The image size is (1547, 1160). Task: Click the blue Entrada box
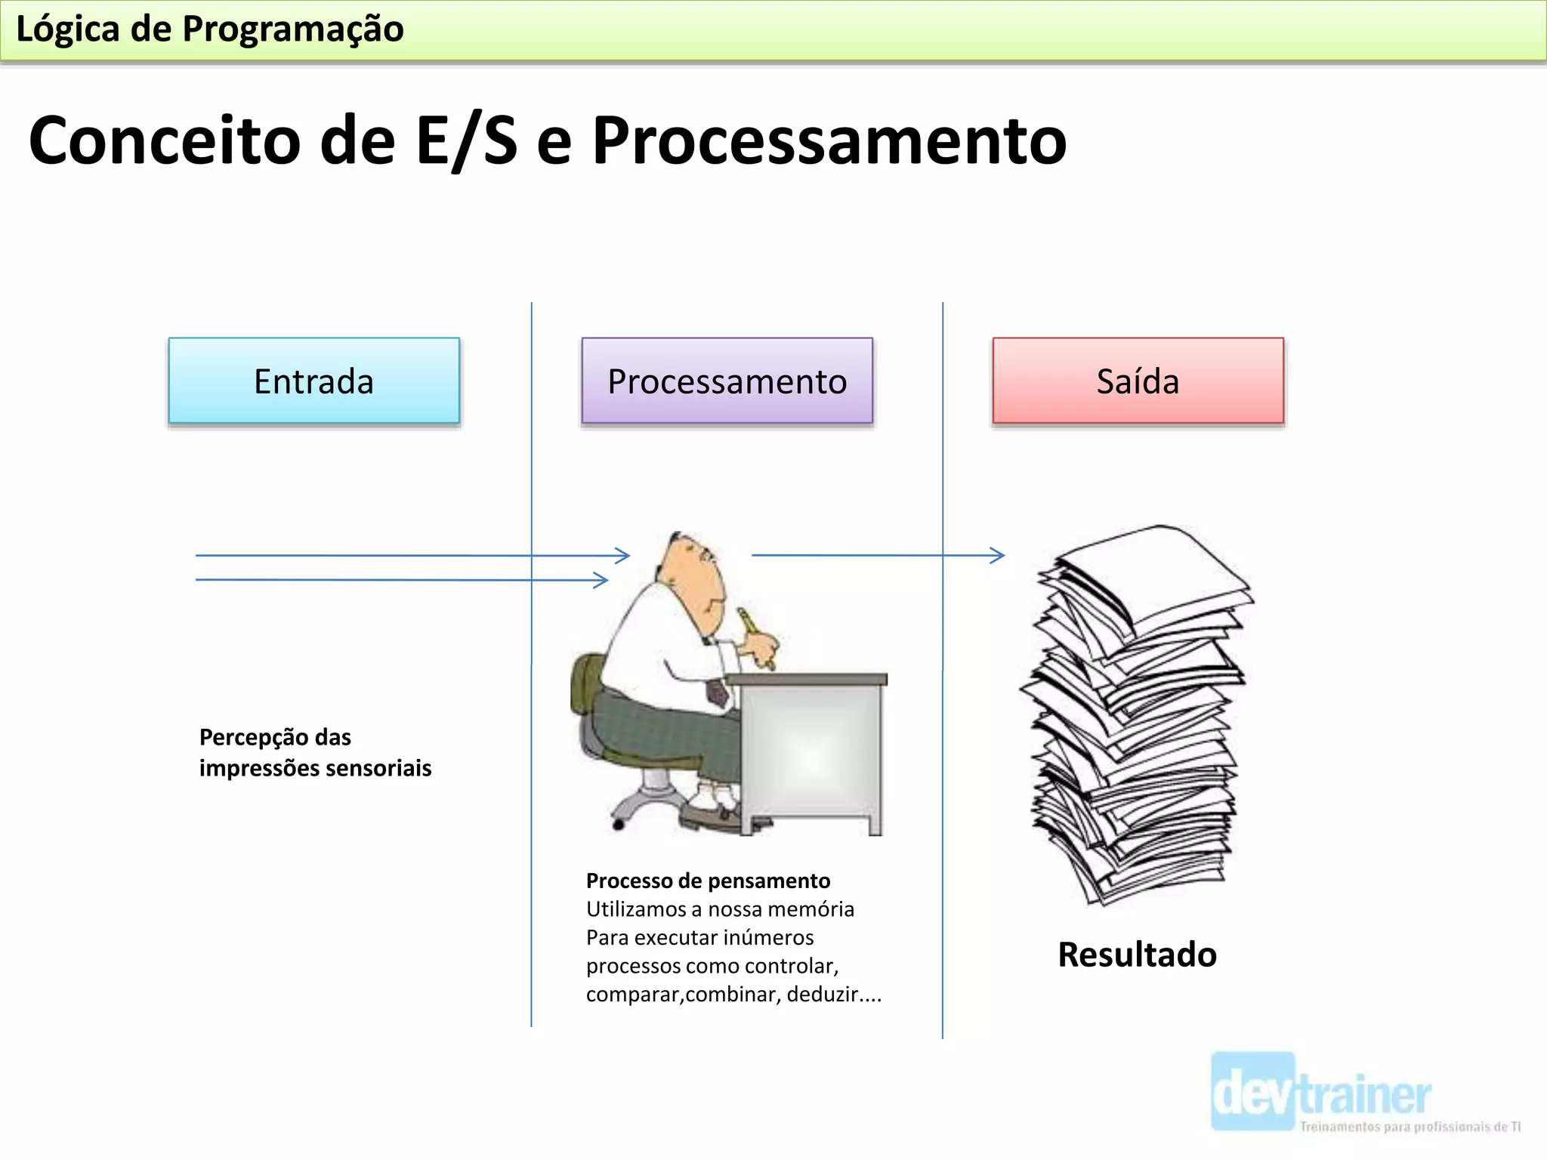pos(313,381)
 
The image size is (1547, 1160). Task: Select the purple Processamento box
pos(727,381)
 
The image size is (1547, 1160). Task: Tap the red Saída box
pos(1138,381)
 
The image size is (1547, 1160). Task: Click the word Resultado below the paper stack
pos(1137,955)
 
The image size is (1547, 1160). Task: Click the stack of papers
pos(1137,714)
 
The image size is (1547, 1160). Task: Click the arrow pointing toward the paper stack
pos(876,556)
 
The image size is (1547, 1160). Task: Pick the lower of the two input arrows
pos(400,580)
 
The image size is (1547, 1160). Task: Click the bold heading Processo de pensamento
pos(708,881)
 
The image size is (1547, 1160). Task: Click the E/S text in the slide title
pos(467,140)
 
